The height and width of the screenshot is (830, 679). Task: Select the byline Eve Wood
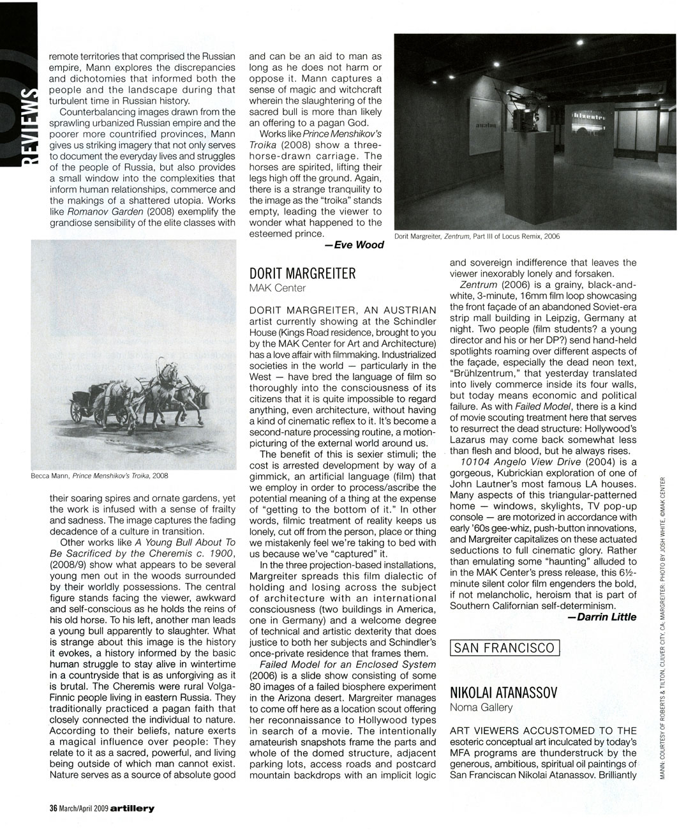pyautogui.click(x=354, y=245)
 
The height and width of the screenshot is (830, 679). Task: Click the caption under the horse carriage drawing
pyautogui.click(x=99, y=476)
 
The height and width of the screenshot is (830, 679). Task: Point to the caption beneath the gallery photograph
pyautogui.click(x=477, y=236)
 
